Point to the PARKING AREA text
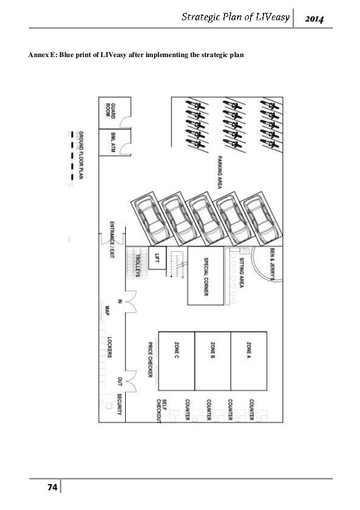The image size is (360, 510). point(220,173)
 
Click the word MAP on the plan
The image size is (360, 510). point(107,310)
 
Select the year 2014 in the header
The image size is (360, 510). point(314,20)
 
